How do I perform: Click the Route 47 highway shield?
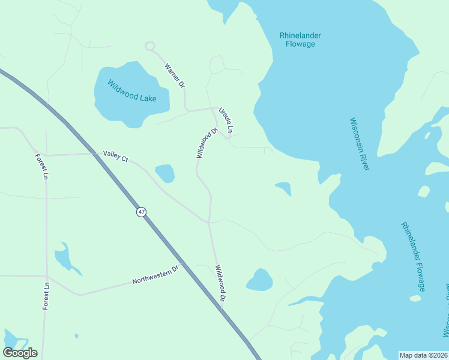point(141,212)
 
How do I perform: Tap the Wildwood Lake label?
point(131,91)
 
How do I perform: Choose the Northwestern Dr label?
point(155,275)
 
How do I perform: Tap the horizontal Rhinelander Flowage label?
point(300,40)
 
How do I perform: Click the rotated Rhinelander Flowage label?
point(413,257)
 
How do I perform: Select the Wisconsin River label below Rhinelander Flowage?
point(359,143)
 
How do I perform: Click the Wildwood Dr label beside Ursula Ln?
point(206,143)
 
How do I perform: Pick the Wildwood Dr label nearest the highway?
point(220,283)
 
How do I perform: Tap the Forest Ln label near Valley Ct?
point(41,167)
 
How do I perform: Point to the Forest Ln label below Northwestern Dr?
point(46,295)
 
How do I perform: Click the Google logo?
point(20,353)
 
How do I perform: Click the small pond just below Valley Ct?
point(165,173)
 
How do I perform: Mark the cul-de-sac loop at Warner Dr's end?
point(149,46)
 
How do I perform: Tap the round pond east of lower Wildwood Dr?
point(259,280)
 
